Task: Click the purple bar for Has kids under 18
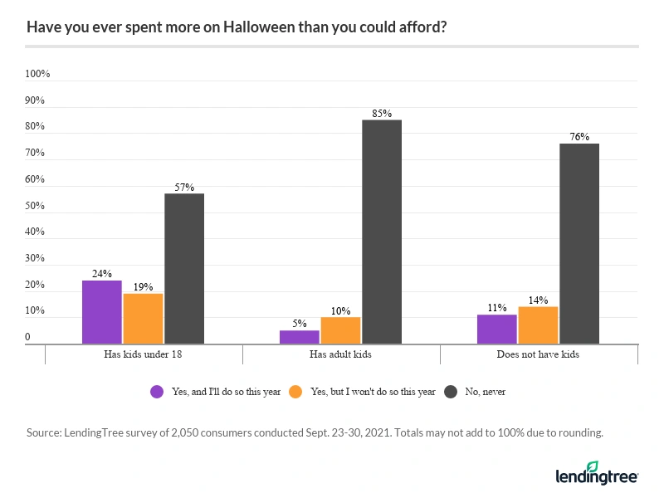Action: (101, 312)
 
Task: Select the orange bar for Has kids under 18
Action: (143, 319)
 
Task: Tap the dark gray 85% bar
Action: (382, 232)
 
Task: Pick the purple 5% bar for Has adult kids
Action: (299, 337)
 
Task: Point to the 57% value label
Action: (184, 187)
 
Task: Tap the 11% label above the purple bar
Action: (496, 308)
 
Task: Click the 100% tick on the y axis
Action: (37, 74)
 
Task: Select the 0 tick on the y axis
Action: (27, 338)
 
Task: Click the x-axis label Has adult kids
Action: (340, 354)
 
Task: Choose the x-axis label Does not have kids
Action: (538, 354)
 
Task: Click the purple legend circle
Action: (156, 392)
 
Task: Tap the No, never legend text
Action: (486, 392)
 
